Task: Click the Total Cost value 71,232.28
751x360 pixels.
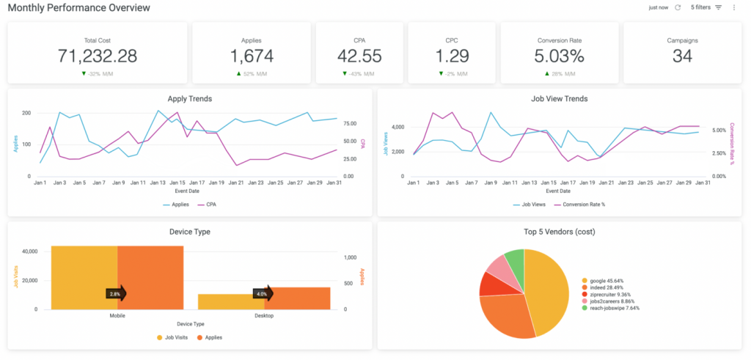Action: (x=97, y=56)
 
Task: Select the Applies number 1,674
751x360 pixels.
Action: (x=251, y=56)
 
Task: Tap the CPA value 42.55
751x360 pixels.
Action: (x=359, y=56)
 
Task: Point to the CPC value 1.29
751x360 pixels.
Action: (x=451, y=56)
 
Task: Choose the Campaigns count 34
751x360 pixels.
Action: (x=682, y=56)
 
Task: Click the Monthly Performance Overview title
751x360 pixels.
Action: (x=79, y=8)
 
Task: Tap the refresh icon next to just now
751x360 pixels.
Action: (x=678, y=7)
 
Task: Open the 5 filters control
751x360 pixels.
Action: (x=706, y=7)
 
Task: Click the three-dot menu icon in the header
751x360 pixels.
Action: (x=733, y=7)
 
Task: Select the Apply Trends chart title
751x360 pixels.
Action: (x=190, y=98)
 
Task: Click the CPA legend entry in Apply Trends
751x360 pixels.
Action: (x=207, y=205)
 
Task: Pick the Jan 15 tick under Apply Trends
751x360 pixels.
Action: (x=177, y=183)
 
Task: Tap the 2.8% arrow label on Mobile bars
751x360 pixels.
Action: (x=115, y=294)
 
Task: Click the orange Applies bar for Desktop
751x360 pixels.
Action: (x=297, y=298)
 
